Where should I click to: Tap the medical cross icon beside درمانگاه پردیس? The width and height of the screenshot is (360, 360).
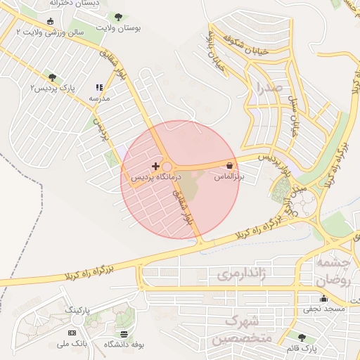155,166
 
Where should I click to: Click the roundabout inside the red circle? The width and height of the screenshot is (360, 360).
167,167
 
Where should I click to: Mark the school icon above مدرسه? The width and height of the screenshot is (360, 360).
98,88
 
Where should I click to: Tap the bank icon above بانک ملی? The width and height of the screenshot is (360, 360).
72,332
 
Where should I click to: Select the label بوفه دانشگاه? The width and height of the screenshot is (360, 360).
124,345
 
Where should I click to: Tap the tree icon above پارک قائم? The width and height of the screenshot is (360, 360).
302,337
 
